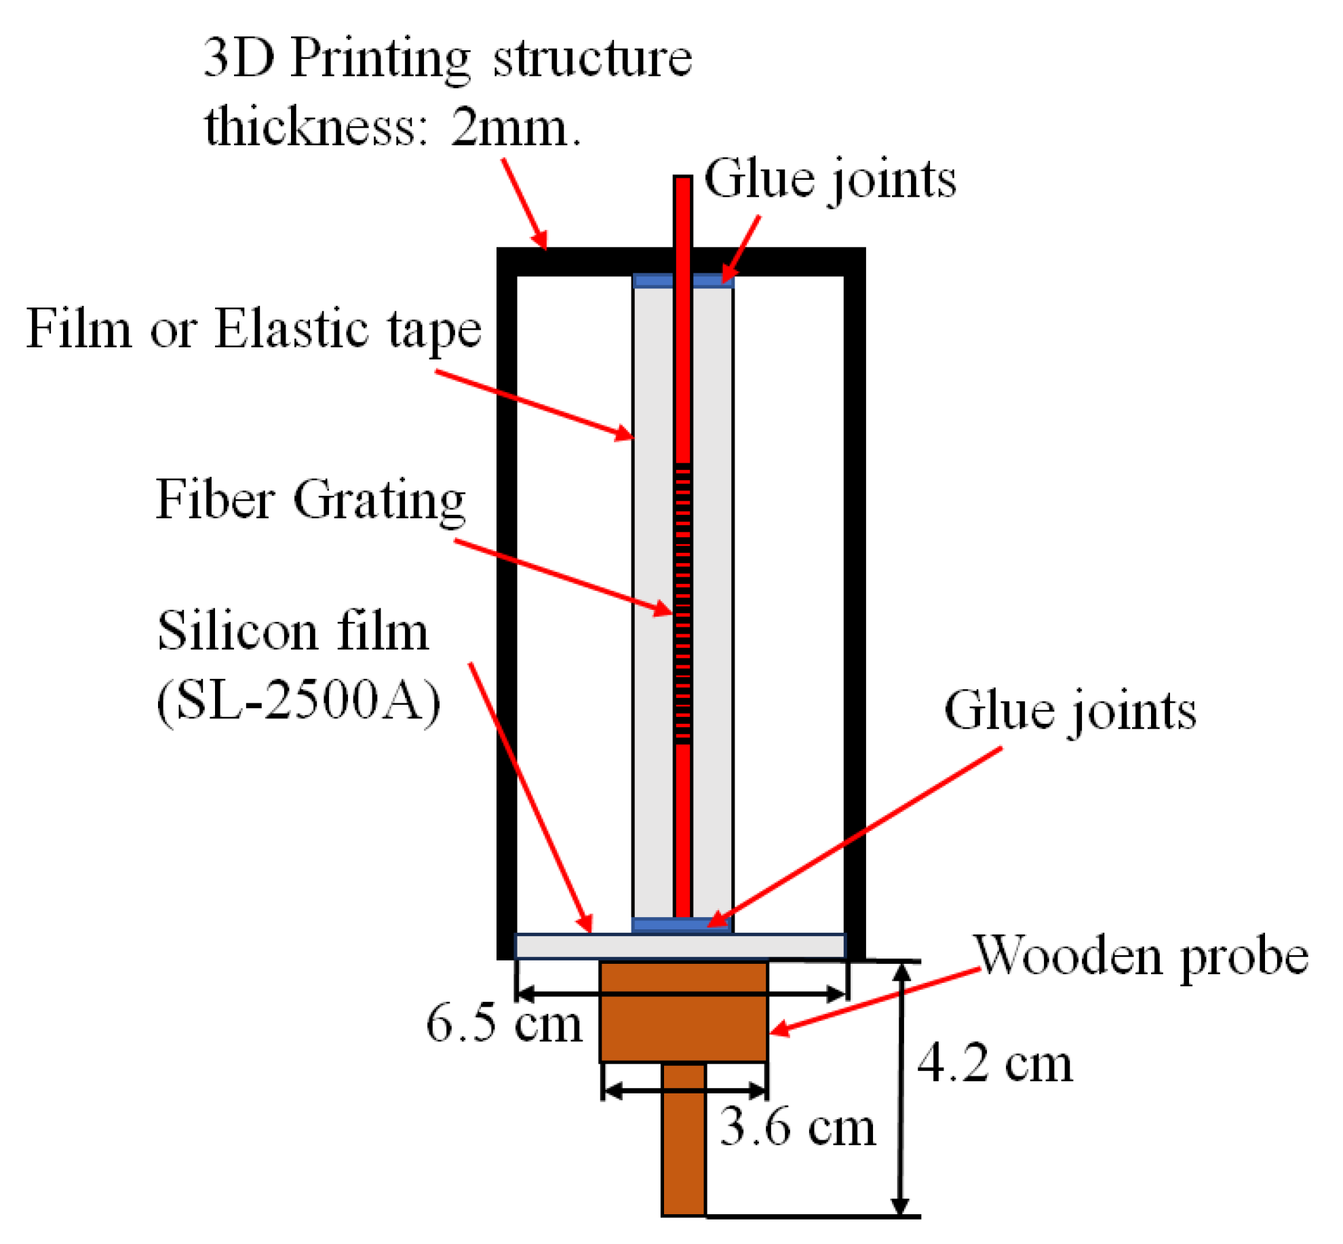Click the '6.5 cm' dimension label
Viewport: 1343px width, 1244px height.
pos(503,1024)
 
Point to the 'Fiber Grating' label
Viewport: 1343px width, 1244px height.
pos(311,501)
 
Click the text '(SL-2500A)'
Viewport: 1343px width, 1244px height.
pos(298,701)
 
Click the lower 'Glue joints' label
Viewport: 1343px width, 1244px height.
pos(1070,712)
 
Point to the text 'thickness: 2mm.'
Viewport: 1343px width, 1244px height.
pos(392,128)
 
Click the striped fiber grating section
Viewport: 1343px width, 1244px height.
pos(682,604)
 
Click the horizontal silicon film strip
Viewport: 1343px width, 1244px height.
pos(680,946)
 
